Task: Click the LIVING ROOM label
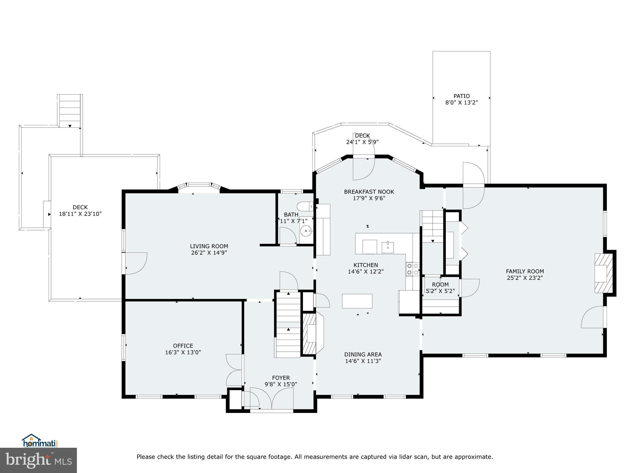209,246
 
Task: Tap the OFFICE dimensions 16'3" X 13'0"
183,352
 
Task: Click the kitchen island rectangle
357,301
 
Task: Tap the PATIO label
461,96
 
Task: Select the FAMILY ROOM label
525,271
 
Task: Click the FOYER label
281,378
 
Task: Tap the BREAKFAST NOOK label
369,192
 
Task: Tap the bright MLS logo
38,460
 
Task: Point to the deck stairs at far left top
70,111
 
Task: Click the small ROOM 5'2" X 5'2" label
440,285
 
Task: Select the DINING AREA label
363,354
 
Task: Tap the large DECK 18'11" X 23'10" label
80,207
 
